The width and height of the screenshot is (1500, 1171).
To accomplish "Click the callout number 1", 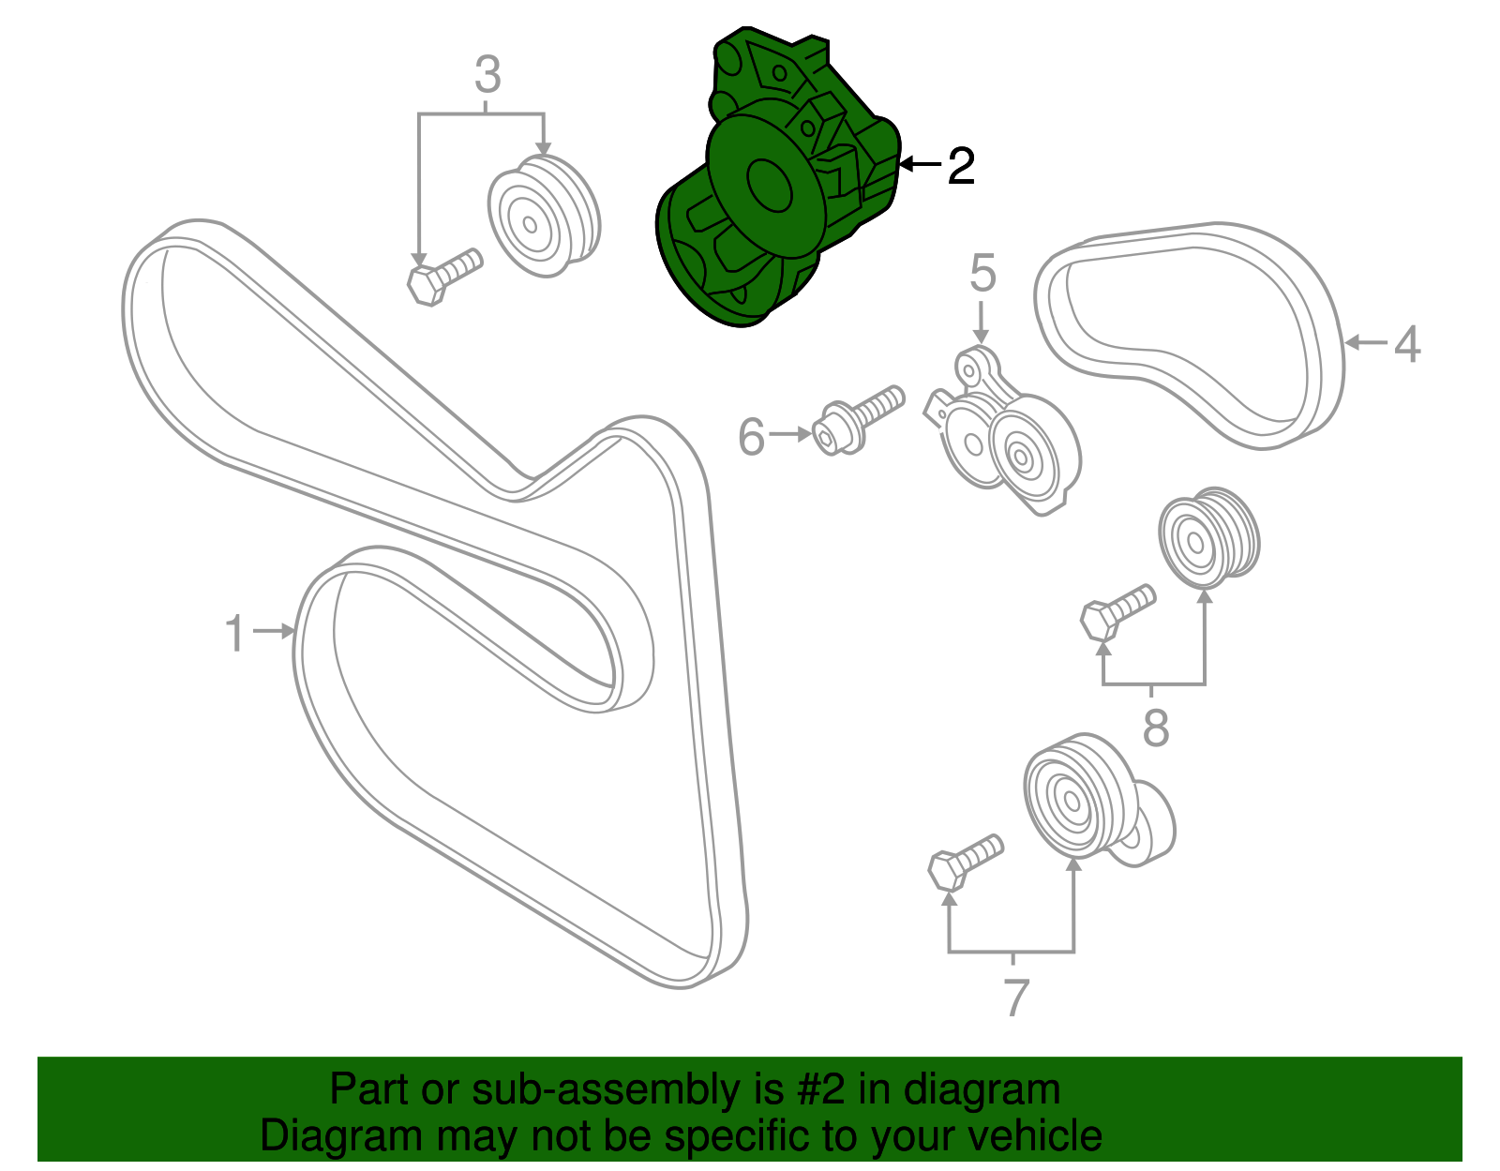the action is [x=234, y=634].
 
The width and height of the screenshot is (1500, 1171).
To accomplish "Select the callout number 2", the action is [x=961, y=167].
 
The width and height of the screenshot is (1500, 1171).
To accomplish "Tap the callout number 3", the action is [x=487, y=75].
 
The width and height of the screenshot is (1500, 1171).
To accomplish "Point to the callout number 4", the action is [x=1406, y=344].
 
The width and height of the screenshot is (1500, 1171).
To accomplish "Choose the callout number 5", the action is [x=982, y=274].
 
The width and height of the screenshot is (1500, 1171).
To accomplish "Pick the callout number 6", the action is [x=751, y=437].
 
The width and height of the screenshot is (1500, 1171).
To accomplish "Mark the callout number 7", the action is [x=1016, y=998].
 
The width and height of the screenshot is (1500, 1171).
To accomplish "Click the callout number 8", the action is [x=1156, y=728].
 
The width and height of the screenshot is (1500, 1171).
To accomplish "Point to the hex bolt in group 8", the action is [x=1116, y=609].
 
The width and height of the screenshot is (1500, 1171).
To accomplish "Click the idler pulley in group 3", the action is [x=542, y=218].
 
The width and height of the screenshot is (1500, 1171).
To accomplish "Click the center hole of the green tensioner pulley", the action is [x=769, y=186].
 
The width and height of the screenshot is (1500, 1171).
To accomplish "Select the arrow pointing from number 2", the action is [x=921, y=165].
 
